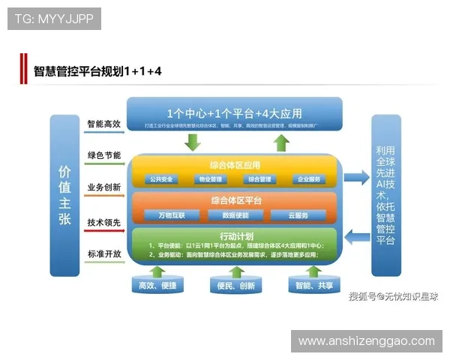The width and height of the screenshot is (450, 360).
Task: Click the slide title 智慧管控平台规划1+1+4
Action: pyautogui.click(x=97, y=72)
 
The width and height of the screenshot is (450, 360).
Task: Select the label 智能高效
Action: pyautogui.click(x=103, y=124)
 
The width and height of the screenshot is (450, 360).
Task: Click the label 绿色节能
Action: pyautogui.click(x=103, y=155)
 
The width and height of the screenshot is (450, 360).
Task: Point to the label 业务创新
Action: pyautogui.click(x=103, y=187)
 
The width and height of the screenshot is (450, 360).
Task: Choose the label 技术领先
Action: pyautogui.click(x=103, y=222)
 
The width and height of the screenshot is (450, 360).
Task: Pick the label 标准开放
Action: pyautogui.click(x=103, y=253)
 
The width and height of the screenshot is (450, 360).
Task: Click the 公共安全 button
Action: pyautogui.click(x=161, y=179)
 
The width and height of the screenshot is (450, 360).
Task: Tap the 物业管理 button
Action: pyautogui.click(x=211, y=179)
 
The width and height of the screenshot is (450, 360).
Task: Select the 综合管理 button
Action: pyautogui.click(x=259, y=179)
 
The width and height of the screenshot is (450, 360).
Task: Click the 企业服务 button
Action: pyautogui.click(x=308, y=179)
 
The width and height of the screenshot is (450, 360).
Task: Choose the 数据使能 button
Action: pyautogui.click(x=235, y=215)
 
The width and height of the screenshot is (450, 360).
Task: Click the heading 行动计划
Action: pyautogui.click(x=235, y=235)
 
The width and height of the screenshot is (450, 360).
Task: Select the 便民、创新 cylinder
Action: pyautogui.click(x=235, y=286)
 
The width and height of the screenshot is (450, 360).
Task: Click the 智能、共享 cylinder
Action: pyautogui.click(x=314, y=286)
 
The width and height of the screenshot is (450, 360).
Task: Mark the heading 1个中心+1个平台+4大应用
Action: pyautogui.click(x=235, y=113)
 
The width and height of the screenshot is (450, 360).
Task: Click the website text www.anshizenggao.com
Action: pyautogui.click(x=366, y=341)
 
